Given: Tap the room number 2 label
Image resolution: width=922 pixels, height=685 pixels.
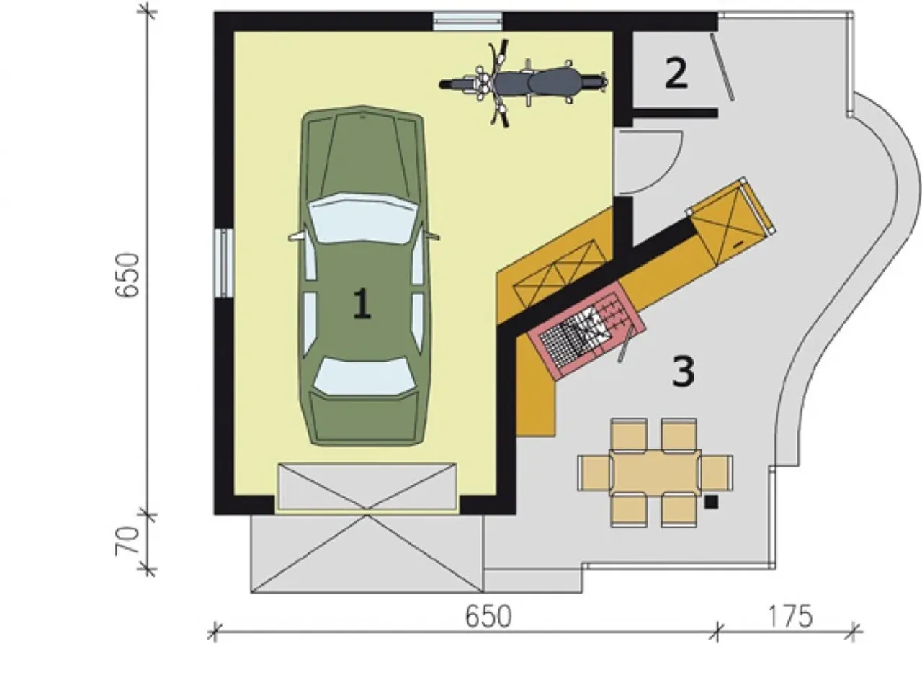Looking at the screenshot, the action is tap(676, 73).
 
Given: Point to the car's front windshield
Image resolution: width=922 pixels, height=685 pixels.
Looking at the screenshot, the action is tap(362, 218).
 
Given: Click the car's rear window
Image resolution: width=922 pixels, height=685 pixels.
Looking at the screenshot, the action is tap(364, 376).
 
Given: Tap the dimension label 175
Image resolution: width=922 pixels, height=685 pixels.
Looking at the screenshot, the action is tap(789, 617).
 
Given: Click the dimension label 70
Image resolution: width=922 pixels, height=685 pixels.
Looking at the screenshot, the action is tap(127, 541).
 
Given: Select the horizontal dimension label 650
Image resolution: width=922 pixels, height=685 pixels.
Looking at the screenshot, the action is tap(488, 617).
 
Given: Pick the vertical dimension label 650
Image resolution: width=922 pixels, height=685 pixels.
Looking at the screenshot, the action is tap(127, 274).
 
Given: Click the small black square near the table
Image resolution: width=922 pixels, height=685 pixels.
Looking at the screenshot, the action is tap(711, 502).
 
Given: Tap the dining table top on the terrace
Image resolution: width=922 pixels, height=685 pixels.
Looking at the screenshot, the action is tap(655, 473).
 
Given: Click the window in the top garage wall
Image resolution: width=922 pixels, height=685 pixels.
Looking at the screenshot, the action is tap(467, 21).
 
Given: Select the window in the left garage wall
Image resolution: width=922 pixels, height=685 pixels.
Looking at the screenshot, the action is tap(225, 263).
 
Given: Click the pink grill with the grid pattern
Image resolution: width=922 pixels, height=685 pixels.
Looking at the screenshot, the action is tap(586, 330).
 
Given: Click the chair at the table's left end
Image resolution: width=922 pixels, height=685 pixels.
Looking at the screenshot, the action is tap(594, 473).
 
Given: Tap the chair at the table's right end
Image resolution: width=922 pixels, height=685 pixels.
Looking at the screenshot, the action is tap(716, 473).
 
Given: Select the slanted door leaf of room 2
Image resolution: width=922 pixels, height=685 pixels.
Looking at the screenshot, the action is tap(722, 67).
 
